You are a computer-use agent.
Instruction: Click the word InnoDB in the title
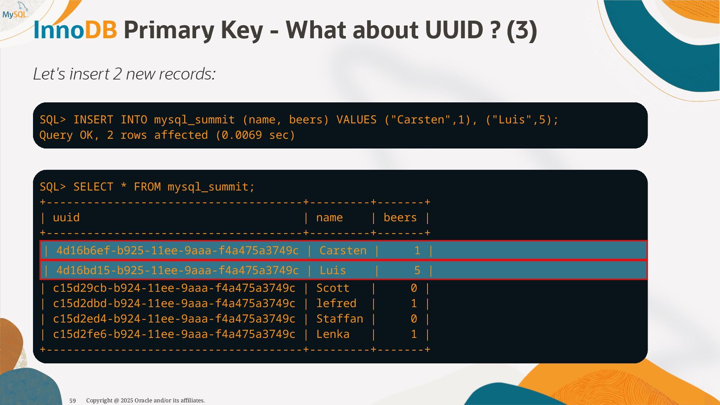point(75,30)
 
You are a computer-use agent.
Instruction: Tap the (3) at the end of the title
point(522,30)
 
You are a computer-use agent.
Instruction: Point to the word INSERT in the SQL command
point(93,120)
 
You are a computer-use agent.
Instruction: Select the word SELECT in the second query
point(93,187)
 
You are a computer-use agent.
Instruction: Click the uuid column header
point(66,217)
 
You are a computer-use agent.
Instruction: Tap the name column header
point(329,217)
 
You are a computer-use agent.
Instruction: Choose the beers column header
point(400,217)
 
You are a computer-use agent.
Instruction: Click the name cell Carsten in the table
point(343,250)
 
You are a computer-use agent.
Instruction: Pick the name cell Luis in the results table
point(333,270)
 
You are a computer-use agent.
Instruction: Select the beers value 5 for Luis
point(417,270)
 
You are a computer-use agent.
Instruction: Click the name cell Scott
point(333,288)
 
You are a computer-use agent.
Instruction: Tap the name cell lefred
point(336,303)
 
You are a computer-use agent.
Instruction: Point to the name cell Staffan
point(339,319)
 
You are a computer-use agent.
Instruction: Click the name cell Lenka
point(333,334)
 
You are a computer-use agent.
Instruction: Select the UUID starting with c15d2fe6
point(174,334)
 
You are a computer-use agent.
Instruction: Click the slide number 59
point(73,401)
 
